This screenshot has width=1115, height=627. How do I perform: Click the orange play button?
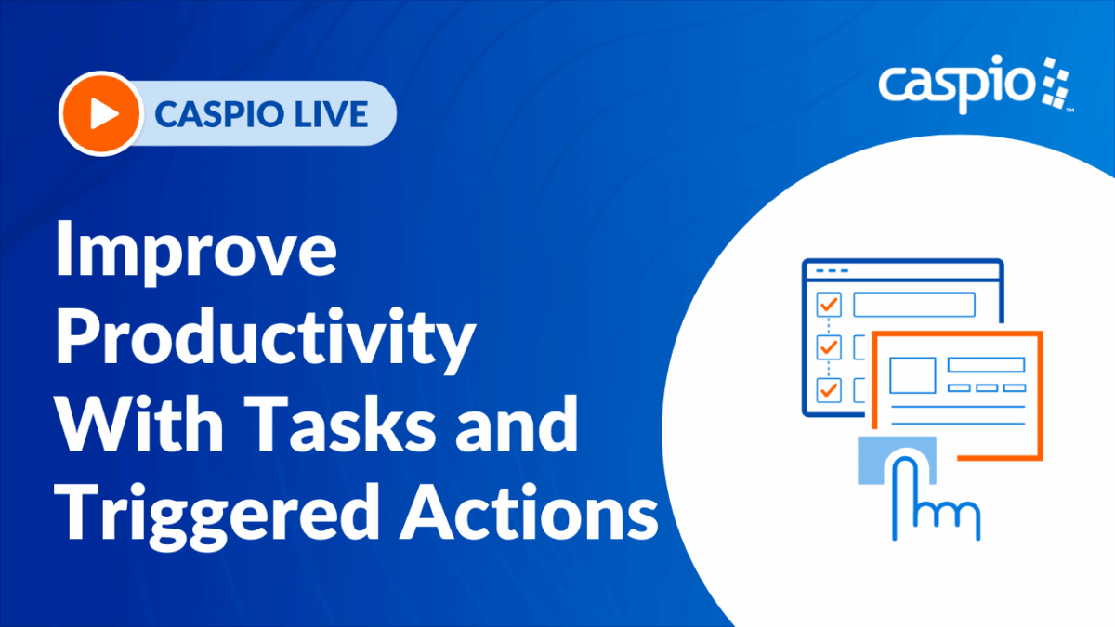click(x=101, y=113)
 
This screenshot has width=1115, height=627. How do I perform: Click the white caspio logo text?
click(x=957, y=85)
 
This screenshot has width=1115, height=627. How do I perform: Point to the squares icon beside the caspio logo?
click(x=1056, y=83)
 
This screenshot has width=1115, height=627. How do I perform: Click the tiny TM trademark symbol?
click(x=1069, y=110)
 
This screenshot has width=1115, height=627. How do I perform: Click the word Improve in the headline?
click(x=197, y=253)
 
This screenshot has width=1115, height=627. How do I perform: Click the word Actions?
click(x=529, y=512)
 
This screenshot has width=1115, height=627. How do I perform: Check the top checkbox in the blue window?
click(x=829, y=304)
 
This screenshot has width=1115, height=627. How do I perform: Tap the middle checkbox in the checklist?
click(x=829, y=347)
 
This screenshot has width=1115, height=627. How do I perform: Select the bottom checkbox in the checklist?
click(x=829, y=390)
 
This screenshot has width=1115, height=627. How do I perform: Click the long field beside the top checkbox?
click(x=914, y=304)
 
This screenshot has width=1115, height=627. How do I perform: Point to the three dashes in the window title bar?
click(x=833, y=270)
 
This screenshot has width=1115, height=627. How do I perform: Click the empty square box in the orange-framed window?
click(x=912, y=375)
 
